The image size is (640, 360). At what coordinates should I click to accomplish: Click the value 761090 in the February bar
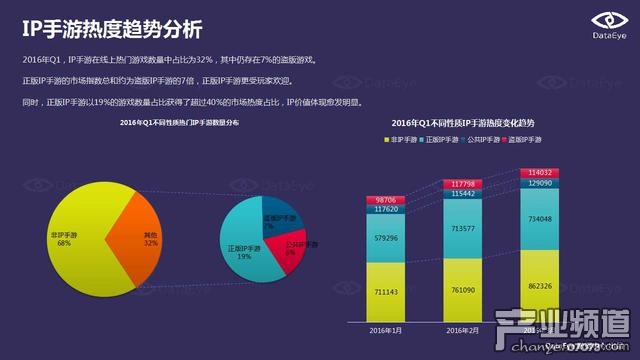tap(460, 290)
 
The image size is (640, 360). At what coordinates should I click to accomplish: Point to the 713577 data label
tap(460, 229)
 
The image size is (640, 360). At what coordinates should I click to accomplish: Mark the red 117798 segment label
tap(460, 184)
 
